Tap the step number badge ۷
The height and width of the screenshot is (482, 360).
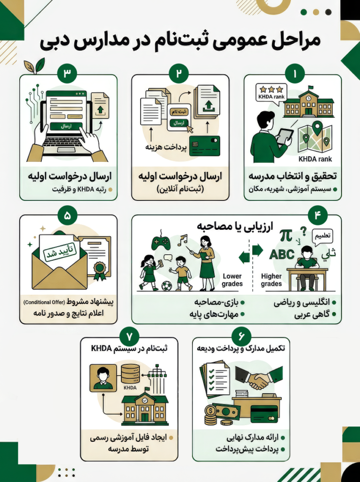[129, 337]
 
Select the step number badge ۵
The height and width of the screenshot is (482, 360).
[68, 216]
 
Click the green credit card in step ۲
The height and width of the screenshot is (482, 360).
[204, 146]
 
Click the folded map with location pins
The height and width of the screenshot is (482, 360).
[315, 137]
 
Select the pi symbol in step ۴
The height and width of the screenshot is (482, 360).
[285, 235]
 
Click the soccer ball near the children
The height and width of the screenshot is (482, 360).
[167, 286]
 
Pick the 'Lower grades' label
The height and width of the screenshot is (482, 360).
[232, 280]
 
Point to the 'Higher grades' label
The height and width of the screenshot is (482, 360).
[271, 280]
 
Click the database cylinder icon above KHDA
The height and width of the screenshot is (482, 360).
[130, 373]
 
